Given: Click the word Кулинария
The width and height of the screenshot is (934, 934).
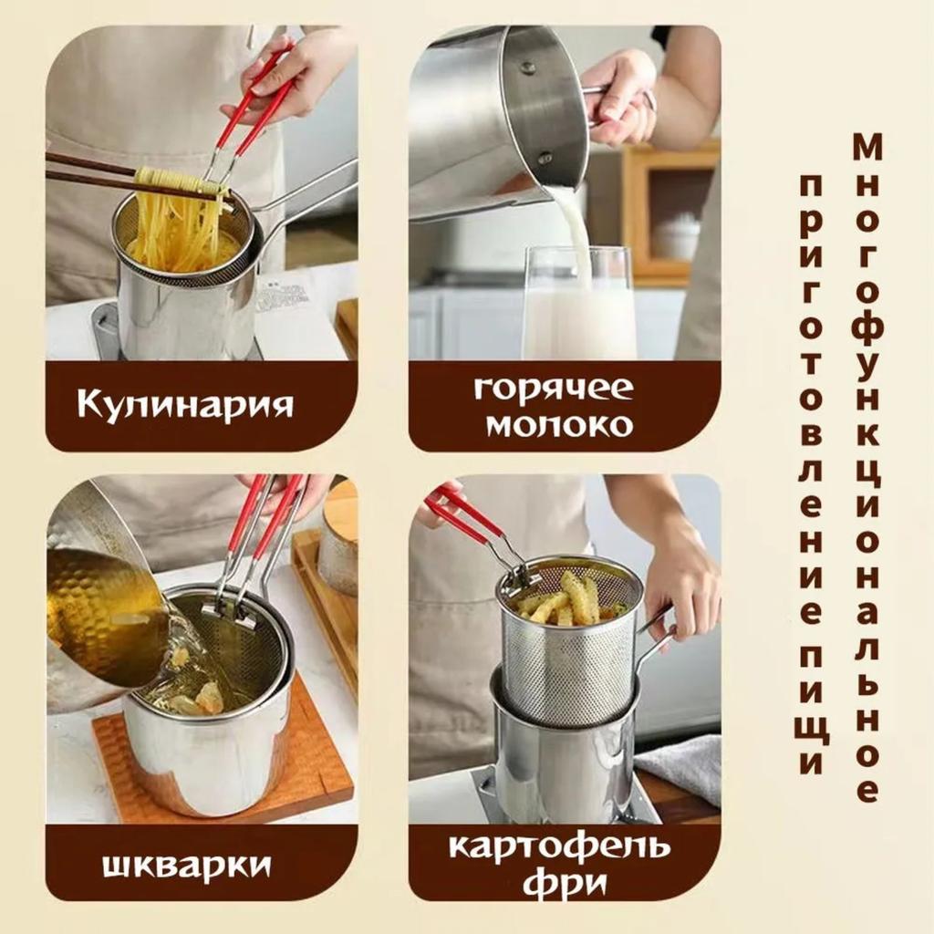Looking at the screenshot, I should (x=185, y=403).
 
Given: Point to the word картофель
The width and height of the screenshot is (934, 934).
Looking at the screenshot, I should (x=559, y=846).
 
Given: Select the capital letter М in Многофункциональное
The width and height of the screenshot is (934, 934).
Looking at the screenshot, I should (x=867, y=146).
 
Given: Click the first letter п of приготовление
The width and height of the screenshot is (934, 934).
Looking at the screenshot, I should (x=811, y=186).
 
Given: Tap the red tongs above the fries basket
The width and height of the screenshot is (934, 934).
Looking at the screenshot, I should (x=465, y=515).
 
